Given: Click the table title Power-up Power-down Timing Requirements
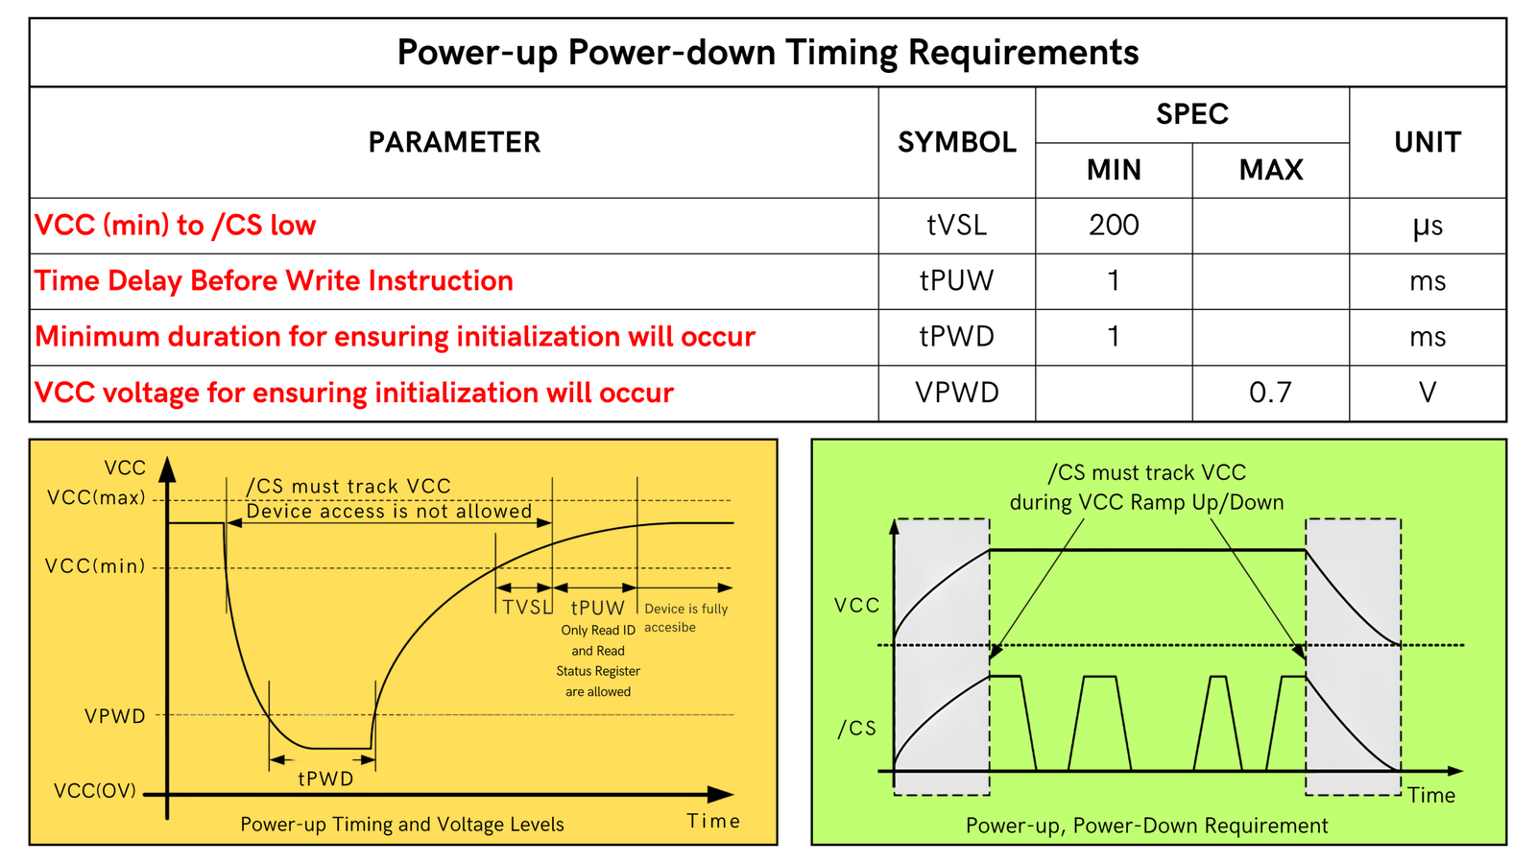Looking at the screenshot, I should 767,52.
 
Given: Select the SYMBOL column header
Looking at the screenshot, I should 956,142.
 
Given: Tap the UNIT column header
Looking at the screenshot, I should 1427,142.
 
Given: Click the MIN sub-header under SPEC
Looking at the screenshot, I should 1114,170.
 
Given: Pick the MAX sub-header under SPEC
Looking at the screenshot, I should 1270,170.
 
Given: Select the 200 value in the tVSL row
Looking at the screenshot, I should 1114,226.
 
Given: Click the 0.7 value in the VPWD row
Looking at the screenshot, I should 1270,393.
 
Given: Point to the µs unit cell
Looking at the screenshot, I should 1427,226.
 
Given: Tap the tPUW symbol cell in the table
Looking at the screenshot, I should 956,281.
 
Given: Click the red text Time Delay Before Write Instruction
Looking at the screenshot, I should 274,281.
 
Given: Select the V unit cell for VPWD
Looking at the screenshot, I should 1427,393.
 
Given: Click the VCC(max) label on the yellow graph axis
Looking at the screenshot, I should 96,498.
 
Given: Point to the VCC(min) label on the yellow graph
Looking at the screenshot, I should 95,566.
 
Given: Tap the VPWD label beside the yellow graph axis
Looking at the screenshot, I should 114,716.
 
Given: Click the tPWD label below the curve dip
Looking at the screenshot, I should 325,779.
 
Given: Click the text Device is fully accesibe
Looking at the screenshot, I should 685,617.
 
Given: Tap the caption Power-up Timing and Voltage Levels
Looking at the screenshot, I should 401,825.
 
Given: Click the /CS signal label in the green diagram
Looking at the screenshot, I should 856,729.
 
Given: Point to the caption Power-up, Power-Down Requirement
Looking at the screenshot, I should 1146,826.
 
